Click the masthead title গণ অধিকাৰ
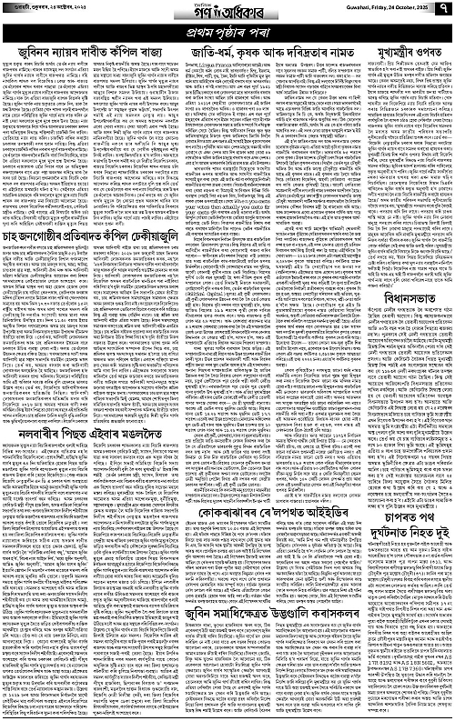click(227, 14)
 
